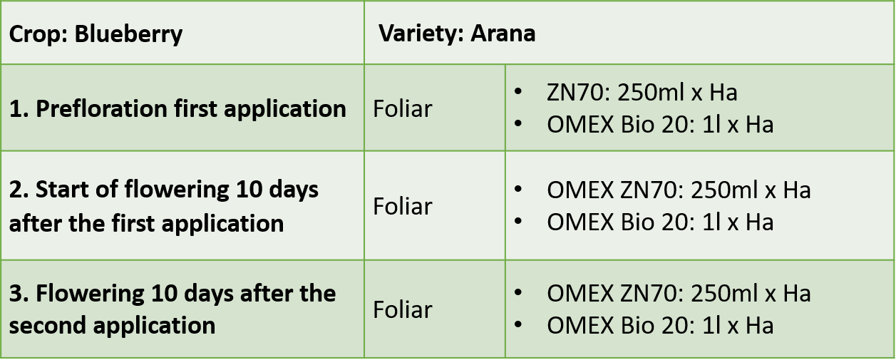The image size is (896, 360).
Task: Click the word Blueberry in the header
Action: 128,35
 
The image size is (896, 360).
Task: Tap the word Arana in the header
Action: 503,34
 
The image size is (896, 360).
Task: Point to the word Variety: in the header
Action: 421,34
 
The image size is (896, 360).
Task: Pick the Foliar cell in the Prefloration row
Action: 403,109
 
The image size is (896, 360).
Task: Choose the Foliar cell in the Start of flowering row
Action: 403,207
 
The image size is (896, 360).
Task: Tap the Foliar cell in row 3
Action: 403,309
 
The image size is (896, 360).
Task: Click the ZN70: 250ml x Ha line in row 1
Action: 642,93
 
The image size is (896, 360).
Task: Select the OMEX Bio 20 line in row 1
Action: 660,125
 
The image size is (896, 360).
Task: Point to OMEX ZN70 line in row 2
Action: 679,190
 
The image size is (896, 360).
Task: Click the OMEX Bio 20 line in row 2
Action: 660,222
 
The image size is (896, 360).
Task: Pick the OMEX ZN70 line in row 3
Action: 679,293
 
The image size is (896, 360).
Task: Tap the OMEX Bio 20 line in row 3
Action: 660,325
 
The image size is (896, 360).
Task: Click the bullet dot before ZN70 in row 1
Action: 518,91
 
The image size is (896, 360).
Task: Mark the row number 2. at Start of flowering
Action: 19,190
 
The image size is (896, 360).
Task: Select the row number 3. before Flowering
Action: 19,294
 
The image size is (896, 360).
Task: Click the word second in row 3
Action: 48,326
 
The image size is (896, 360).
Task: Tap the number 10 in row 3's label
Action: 164,294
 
